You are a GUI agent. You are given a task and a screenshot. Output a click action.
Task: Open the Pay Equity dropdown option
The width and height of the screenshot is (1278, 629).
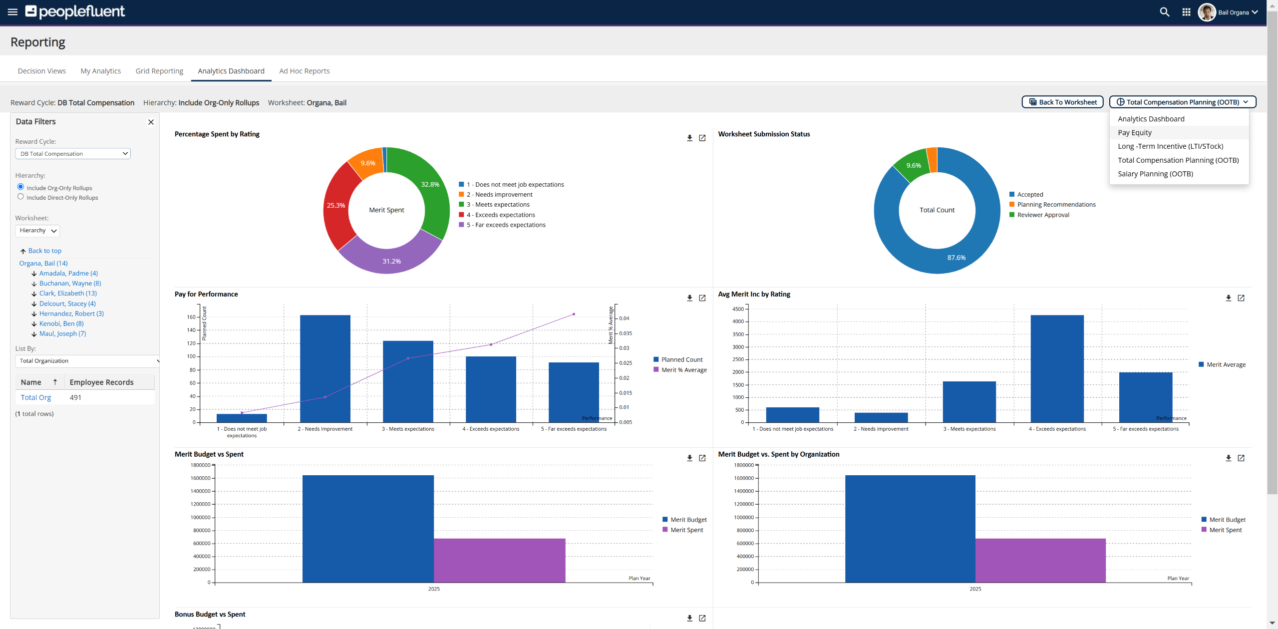(1134, 133)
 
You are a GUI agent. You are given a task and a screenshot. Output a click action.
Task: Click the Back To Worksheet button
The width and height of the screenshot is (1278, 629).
(1062, 102)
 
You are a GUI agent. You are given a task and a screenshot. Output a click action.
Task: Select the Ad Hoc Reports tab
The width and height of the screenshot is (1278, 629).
(304, 71)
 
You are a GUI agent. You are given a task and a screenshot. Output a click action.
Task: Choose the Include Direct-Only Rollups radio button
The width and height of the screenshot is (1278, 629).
(20, 197)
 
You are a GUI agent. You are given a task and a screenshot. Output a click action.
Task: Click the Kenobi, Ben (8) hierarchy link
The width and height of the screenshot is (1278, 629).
(61, 323)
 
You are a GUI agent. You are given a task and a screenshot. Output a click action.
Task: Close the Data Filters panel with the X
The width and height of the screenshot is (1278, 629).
(151, 122)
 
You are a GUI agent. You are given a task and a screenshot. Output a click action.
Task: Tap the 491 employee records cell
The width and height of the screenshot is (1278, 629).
(75, 398)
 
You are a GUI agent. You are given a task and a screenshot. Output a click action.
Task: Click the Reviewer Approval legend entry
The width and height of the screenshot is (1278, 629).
(1043, 215)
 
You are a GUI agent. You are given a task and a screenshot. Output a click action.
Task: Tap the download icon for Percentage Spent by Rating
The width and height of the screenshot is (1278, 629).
(689, 138)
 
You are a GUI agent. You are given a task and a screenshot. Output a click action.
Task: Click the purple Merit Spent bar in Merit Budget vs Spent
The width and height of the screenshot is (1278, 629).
(499, 560)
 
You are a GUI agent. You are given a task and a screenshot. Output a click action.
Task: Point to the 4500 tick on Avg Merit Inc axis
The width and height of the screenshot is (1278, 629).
(738, 309)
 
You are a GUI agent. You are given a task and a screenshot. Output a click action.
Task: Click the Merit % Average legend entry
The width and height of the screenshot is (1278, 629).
(683, 370)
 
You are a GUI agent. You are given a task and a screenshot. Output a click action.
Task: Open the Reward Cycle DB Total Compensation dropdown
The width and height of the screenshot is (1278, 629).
(73, 154)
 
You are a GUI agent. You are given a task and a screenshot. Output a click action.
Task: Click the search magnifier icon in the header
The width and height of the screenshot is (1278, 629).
(1164, 12)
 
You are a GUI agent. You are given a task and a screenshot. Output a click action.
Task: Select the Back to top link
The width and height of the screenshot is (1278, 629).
(44, 251)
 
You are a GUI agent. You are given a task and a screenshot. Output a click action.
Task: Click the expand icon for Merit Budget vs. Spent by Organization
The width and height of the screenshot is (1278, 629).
(1241, 458)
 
